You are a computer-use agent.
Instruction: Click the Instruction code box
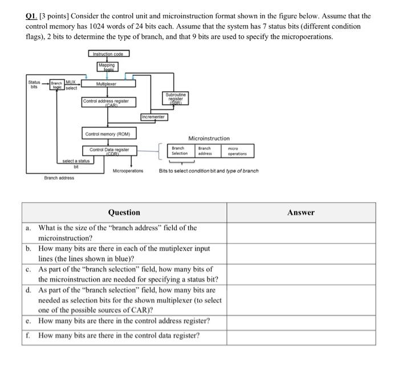click(109, 54)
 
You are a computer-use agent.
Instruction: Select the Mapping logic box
click(107, 67)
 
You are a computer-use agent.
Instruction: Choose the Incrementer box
click(153, 116)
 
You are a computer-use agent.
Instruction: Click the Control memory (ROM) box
click(108, 134)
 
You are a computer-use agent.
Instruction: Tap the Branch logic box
click(56, 85)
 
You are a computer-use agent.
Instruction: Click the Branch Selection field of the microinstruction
click(180, 151)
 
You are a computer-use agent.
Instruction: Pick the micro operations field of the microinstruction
click(237, 151)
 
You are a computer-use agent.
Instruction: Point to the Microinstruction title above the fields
click(209, 138)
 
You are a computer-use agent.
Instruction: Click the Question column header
click(124, 212)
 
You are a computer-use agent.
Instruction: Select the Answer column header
click(300, 212)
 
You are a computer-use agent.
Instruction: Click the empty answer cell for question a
click(301, 232)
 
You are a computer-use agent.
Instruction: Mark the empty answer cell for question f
click(301, 335)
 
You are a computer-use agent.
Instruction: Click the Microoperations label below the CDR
click(128, 171)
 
